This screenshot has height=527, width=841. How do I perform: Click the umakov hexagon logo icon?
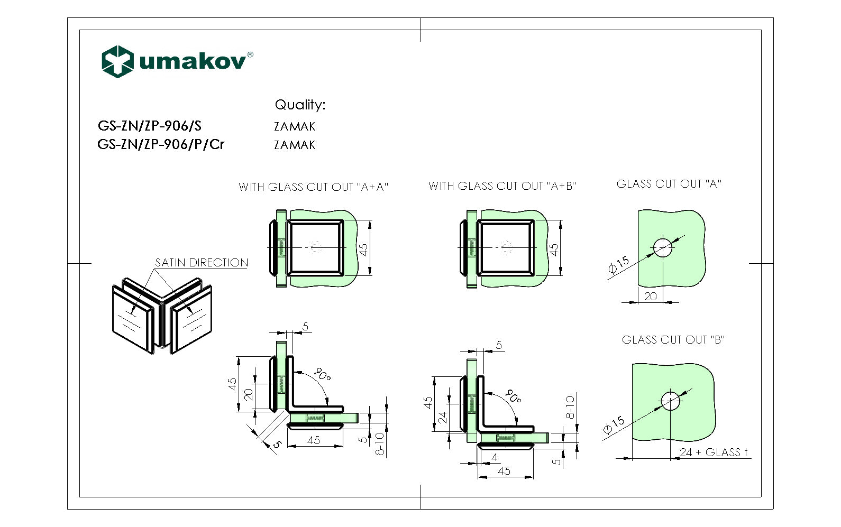pos(117,61)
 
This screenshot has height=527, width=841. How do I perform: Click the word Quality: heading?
pos(300,105)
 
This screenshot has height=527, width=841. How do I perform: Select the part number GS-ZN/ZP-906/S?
pos(150,126)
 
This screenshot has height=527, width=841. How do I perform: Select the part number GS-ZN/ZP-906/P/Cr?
pos(161,144)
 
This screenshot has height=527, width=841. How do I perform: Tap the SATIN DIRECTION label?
pos(202,263)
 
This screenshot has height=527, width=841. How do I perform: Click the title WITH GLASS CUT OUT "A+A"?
pos(313,187)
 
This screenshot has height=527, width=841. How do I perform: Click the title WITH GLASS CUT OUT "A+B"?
pos(502,186)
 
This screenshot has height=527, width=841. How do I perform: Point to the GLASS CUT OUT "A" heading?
pos(669,184)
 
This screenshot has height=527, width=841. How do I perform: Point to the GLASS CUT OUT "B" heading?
pos(673,340)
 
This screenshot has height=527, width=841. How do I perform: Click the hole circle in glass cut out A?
pos(663,247)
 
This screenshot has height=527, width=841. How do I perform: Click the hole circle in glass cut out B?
pos(671,401)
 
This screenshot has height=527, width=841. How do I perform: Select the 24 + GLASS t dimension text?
pos(714,452)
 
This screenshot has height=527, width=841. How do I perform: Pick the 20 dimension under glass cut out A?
pos(651,297)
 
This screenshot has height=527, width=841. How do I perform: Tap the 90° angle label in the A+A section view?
pos(322,375)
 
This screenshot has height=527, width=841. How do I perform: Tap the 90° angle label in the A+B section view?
pos(513,396)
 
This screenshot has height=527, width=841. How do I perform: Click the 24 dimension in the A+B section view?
pos(443,418)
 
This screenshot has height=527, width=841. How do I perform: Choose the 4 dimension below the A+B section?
pos(494,457)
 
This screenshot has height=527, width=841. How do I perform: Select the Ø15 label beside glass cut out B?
pos(614,426)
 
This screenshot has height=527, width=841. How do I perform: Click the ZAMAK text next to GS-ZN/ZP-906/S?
pos(295,126)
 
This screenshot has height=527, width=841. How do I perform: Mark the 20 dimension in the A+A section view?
pos(249,394)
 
